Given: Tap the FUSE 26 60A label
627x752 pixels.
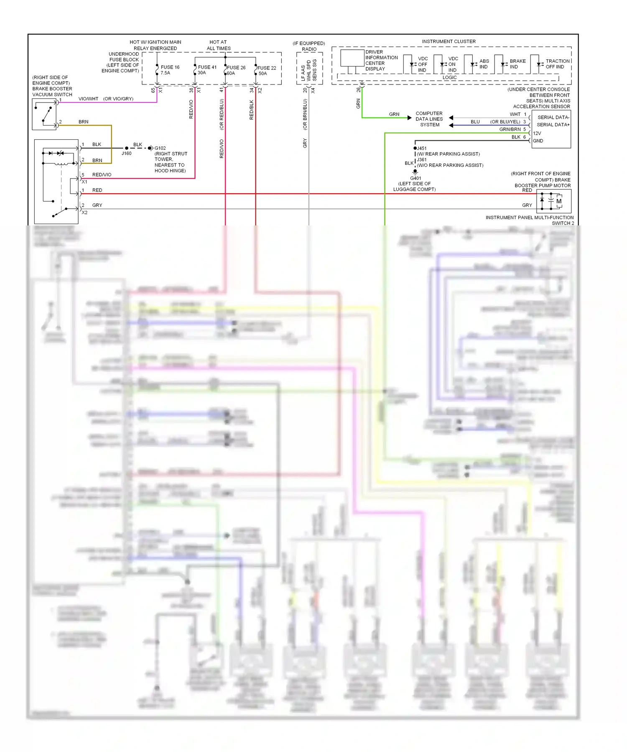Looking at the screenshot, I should pos(236,70).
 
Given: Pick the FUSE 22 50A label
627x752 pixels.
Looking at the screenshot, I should pos(266,70).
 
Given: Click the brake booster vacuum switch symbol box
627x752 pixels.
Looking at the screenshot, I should pos(44,114).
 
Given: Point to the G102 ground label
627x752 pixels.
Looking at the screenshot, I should pos(160,148).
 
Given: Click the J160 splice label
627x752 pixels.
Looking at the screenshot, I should pos(126,153).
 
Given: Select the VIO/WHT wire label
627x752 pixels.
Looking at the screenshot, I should pos(88,99).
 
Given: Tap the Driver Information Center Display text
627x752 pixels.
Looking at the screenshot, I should pos(381,60).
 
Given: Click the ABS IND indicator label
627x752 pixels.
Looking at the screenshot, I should pos(484,64).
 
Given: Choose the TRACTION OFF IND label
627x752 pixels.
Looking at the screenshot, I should pos(557,64).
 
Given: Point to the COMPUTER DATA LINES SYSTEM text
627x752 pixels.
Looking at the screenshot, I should pos(429,119).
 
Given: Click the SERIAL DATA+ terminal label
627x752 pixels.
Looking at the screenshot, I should pos(553,125).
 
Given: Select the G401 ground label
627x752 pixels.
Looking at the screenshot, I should pos(415,178).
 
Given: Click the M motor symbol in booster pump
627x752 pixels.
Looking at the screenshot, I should pos(559,201).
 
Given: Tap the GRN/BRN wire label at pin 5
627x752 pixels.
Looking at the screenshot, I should pos(510,129).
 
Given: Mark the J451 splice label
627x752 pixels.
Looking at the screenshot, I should pos(422,148).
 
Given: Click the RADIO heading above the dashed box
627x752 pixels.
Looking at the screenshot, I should pos(309,49).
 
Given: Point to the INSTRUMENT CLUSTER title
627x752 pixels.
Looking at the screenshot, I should pos(449,41).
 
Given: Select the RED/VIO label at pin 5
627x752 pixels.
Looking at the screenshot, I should pos(102,175).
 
